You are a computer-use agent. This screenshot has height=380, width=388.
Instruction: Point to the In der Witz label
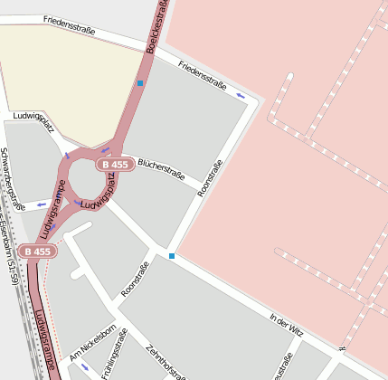click(x=286, y=326)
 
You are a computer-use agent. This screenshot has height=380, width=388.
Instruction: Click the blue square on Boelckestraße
click(x=140, y=83)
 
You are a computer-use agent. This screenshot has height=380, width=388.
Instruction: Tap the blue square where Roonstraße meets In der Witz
click(x=172, y=256)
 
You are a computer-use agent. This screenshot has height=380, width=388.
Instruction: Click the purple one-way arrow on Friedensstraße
click(x=241, y=94)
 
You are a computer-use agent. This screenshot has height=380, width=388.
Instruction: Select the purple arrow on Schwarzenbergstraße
click(x=41, y=205)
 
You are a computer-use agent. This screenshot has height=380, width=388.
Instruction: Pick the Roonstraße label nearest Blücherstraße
click(x=209, y=179)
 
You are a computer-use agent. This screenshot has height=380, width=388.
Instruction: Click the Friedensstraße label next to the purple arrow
click(x=202, y=74)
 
